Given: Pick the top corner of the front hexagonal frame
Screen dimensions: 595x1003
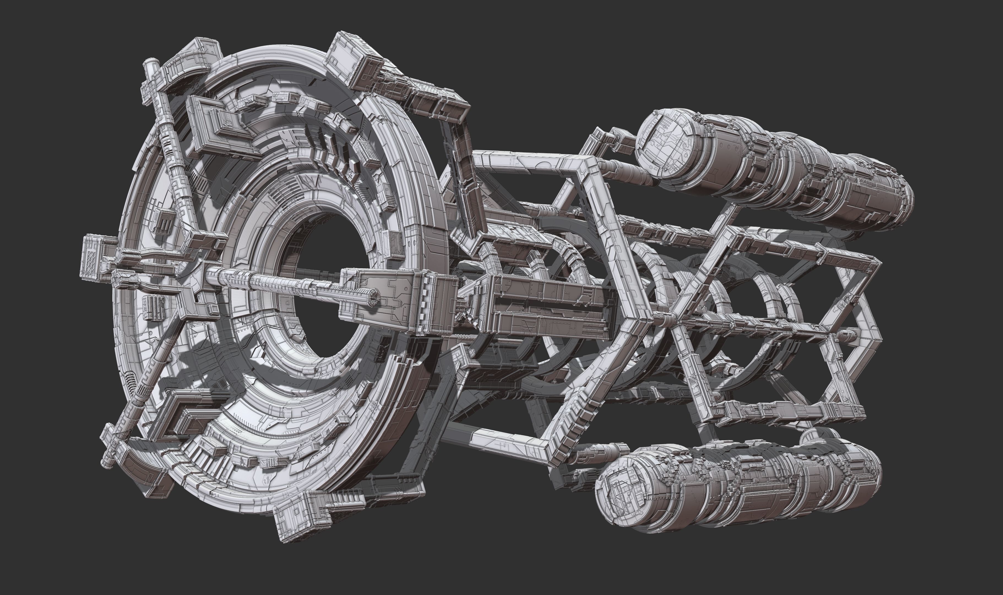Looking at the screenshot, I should pos(588,162).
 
